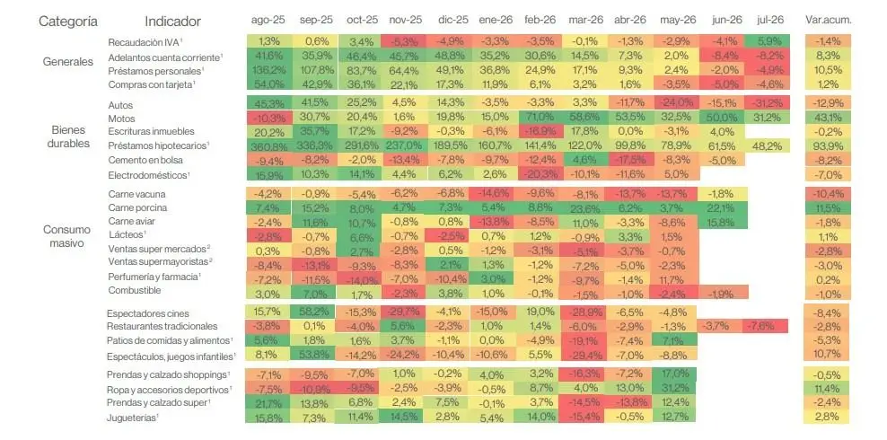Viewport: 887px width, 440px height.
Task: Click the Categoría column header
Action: coord(68,22)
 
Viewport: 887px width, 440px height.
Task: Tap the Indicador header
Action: coord(172,22)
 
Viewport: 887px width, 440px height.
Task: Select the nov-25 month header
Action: coord(405,20)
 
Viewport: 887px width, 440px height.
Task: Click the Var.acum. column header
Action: coord(828,20)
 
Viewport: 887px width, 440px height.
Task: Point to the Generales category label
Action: coord(68,62)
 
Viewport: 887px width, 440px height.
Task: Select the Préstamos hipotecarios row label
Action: coord(158,145)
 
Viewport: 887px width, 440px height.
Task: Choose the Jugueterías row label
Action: coord(132,418)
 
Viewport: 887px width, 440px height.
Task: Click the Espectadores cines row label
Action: coord(147,313)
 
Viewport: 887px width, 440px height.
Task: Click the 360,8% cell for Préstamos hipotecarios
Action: coord(268,145)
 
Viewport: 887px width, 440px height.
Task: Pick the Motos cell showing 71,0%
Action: coord(540,119)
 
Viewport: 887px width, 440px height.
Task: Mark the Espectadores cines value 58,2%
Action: coord(312,312)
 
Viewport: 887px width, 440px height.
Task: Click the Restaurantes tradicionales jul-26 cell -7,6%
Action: coord(767,326)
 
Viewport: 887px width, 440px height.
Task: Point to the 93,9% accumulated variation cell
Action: coord(828,145)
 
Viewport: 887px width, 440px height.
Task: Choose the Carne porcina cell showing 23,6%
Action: coord(585,207)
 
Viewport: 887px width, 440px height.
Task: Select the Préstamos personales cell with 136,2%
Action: coord(268,71)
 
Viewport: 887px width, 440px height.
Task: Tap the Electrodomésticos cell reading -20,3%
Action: coord(540,174)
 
